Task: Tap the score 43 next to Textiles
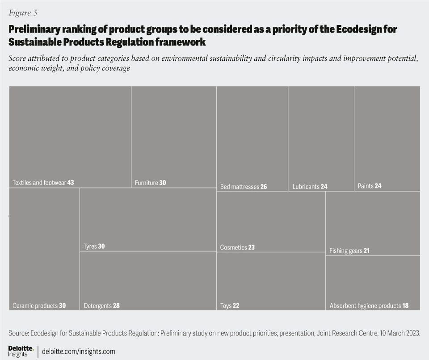pyautogui.click(x=71, y=183)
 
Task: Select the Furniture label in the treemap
pyautogui.click(x=147, y=183)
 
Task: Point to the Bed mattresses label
pyautogui.click(x=240, y=187)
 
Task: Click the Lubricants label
pyautogui.click(x=306, y=187)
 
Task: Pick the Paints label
pyautogui.click(x=366, y=186)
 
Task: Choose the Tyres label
pyautogui.click(x=90, y=247)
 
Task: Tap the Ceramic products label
pyautogui.click(x=35, y=306)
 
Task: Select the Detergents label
pyautogui.click(x=97, y=306)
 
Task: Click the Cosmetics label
pyautogui.click(x=233, y=247)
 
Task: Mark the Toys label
pyautogui.click(x=226, y=306)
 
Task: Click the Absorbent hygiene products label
pyautogui.click(x=365, y=306)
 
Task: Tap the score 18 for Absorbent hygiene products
pyautogui.click(x=405, y=306)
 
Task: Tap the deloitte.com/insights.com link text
pyautogui.click(x=78, y=352)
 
